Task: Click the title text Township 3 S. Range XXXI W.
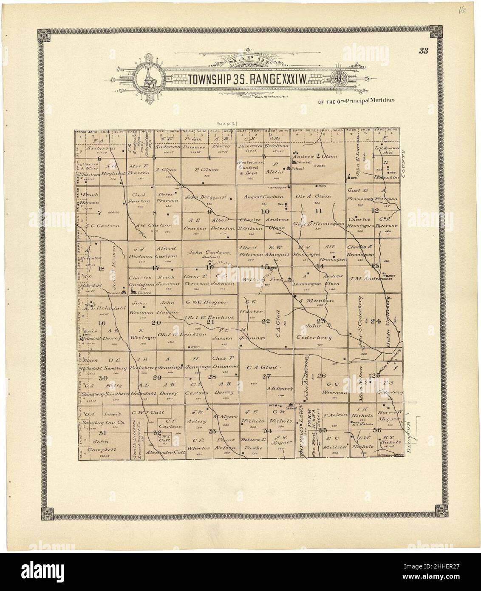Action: pyautogui.click(x=249, y=79)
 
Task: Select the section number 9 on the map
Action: pyautogui.click(x=209, y=211)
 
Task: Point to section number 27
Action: pyautogui.click(x=266, y=376)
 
